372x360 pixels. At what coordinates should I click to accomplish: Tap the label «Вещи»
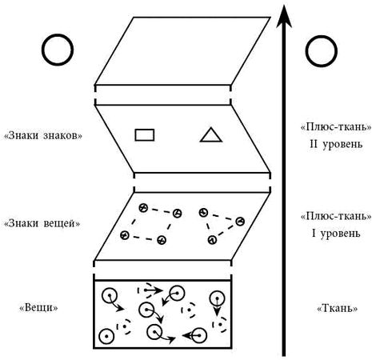[x=38, y=308]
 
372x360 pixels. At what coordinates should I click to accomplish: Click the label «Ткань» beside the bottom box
[x=338, y=309]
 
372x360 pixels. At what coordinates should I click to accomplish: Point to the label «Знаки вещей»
[x=42, y=223]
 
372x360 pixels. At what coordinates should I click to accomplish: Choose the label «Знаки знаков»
[x=43, y=136]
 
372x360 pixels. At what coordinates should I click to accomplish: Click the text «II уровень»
[x=336, y=144]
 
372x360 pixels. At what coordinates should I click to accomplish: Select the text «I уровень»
[x=336, y=234]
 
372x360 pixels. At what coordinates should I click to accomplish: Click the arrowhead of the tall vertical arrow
[x=284, y=16]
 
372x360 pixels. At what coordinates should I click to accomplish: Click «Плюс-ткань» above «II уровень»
[x=336, y=127]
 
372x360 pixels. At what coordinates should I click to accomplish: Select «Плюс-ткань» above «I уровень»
[x=336, y=216]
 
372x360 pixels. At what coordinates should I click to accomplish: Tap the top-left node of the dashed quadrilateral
[x=143, y=208]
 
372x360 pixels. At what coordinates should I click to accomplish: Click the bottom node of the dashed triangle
[x=212, y=240]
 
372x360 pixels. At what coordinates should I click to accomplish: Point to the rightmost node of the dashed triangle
[x=240, y=221]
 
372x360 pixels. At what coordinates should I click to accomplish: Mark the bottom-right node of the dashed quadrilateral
[x=162, y=240]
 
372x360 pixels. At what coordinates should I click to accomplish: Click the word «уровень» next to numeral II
[x=342, y=144]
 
